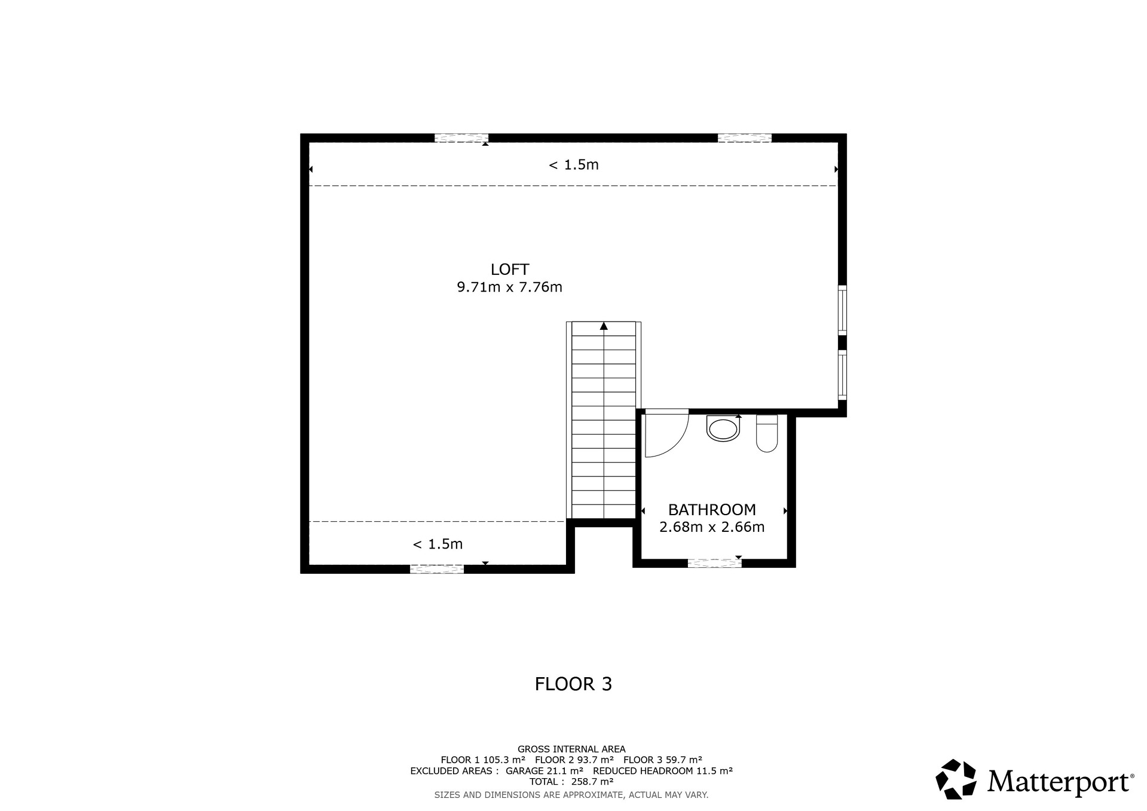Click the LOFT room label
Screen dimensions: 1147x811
click(510, 270)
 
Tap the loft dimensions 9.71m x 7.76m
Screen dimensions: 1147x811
click(510, 287)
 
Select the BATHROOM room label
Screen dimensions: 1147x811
click(712, 510)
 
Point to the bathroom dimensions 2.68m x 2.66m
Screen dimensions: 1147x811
click(712, 527)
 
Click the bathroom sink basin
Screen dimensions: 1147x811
click(723, 429)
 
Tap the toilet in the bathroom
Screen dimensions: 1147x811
click(767, 433)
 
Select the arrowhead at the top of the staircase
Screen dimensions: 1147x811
click(604, 326)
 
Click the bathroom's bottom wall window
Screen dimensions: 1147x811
click(714, 563)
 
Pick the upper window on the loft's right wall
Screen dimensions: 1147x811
click(842, 310)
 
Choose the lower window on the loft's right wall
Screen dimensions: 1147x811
click(842, 375)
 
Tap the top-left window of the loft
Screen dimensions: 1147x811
click(461, 138)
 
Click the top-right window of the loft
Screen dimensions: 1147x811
click(744, 138)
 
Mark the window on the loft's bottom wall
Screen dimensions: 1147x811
click(437, 570)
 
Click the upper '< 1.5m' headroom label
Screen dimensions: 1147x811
click(574, 165)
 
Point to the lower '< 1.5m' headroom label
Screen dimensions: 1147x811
click(438, 544)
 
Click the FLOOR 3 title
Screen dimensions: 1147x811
click(574, 684)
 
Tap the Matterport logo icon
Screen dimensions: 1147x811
click(956, 779)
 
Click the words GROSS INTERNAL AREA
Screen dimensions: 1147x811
click(571, 749)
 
